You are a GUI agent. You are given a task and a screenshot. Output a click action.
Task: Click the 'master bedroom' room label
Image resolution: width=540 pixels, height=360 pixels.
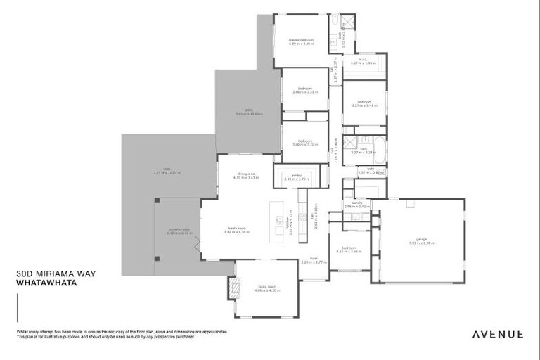point(301,40)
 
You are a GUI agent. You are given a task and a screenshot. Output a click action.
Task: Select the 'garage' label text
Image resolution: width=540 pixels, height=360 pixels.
point(421,239)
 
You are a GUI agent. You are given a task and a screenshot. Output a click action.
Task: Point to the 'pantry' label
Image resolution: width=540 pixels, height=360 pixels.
point(297,175)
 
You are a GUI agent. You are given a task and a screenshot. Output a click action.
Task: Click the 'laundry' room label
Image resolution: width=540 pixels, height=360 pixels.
point(356,202)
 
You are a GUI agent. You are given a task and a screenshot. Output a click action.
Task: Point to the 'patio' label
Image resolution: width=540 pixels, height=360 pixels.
point(249,109)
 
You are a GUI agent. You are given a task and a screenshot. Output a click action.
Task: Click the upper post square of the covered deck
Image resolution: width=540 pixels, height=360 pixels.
point(157,199)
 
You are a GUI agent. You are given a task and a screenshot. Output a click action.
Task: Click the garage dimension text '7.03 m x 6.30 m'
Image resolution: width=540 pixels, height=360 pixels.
point(421,243)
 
